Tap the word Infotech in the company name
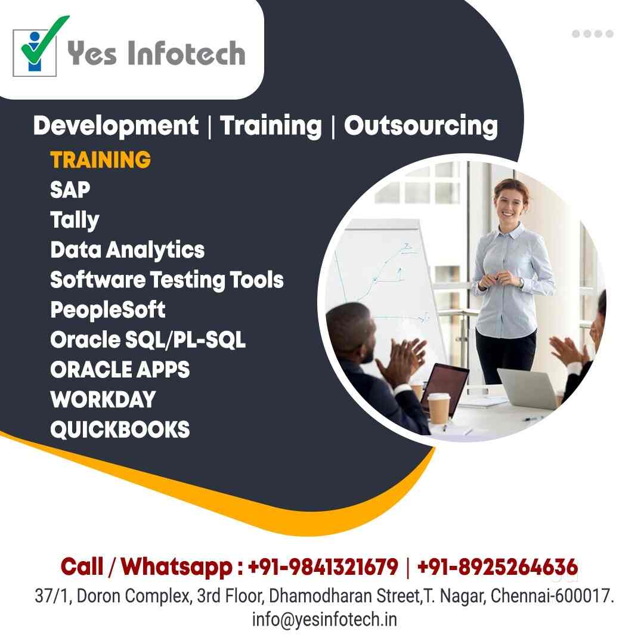pos(187,53)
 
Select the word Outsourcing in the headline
pos(421,126)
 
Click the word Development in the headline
pos(116,126)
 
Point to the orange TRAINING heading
pos(101,160)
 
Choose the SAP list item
pos(70,190)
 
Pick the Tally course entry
pos(75,221)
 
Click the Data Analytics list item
pos(128,250)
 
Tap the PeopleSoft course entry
pos(107,309)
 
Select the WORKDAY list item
pos(103,399)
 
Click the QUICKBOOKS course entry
pos(120,429)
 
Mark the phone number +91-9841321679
pos(323,567)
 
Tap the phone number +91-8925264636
pos(497,567)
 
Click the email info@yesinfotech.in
pos(324,620)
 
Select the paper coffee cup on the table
pos(439,408)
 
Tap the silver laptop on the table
pos(527,388)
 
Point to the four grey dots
pos(593,33)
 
